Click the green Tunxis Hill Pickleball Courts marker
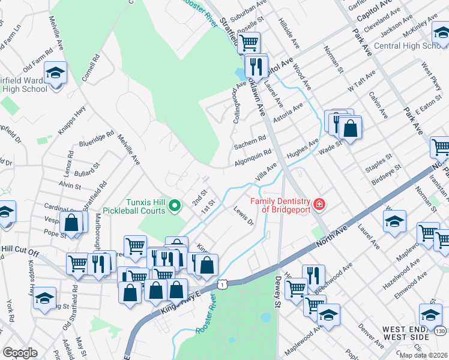coord(175,206)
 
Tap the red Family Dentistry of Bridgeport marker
coord(320,205)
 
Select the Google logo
coord(20,353)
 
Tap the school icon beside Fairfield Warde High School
coord(56,74)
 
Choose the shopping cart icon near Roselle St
coord(248,43)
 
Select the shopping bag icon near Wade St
coord(350,127)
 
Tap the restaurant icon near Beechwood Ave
coord(313,275)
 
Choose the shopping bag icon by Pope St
coord(71,223)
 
